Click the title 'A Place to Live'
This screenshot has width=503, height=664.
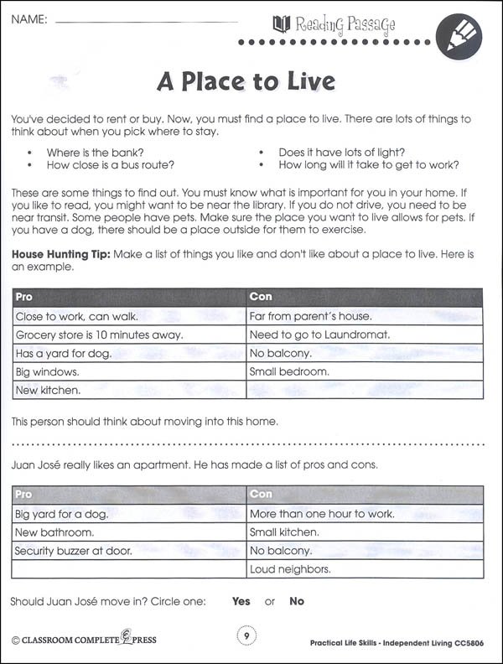(x=246, y=81)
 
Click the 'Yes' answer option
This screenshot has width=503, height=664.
(x=241, y=601)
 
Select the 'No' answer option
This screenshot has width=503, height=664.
(x=297, y=601)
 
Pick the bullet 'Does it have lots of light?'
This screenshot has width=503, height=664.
(x=342, y=153)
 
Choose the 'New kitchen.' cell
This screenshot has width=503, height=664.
(x=48, y=390)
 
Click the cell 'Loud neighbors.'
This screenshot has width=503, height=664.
(x=290, y=570)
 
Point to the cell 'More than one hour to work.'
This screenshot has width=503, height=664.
(x=322, y=514)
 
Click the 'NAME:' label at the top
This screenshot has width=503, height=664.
(x=29, y=18)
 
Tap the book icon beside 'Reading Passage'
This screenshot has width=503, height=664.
(x=282, y=24)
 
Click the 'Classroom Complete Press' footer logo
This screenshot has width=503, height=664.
(x=84, y=641)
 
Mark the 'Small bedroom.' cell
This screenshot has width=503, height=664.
(x=289, y=371)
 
